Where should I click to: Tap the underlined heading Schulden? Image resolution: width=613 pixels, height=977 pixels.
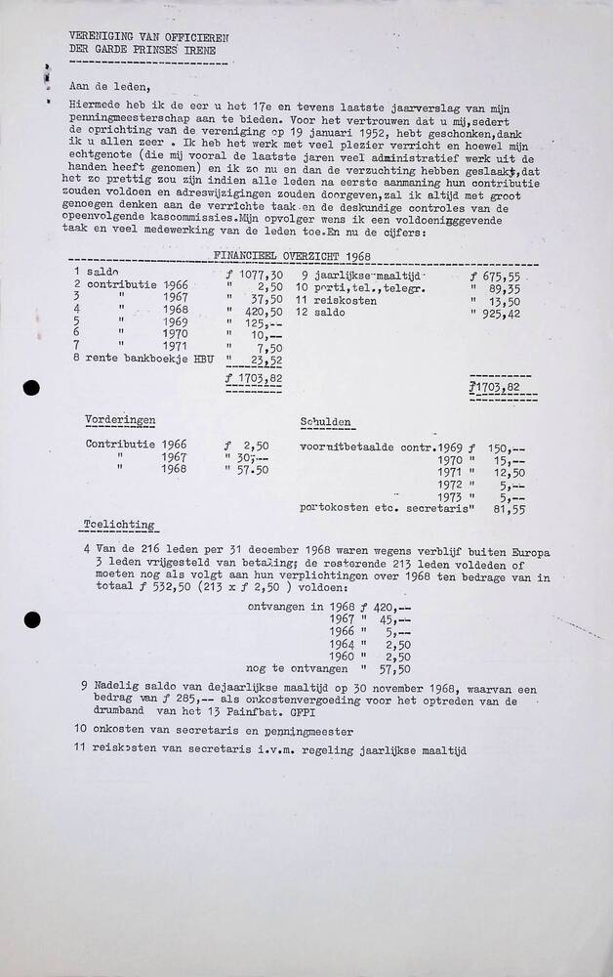pyautogui.click(x=326, y=422)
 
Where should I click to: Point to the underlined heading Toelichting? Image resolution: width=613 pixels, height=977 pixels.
pyautogui.click(x=119, y=525)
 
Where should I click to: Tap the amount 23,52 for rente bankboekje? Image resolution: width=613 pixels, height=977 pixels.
pyautogui.click(x=263, y=359)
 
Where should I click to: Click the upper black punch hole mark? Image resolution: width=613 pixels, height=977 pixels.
pyautogui.click(x=31, y=388)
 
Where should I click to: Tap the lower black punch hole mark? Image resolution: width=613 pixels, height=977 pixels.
pyautogui.click(x=31, y=620)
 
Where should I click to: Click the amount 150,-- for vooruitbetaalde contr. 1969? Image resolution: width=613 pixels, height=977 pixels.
pyautogui.click(x=506, y=446)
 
